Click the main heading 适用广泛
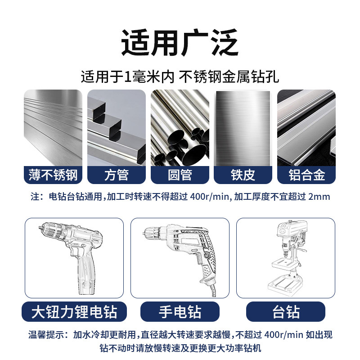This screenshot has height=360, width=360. [x=180, y=43]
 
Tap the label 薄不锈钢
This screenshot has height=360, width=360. [x=53, y=175]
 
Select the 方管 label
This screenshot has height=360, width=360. [x=117, y=175]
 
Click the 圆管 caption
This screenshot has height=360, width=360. [x=180, y=175]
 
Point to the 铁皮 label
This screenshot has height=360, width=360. [x=243, y=175]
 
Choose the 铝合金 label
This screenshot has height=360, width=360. [x=306, y=175]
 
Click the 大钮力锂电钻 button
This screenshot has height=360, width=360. [x=74, y=311]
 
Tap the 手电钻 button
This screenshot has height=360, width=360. [x=180, y=311]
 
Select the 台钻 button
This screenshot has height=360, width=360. [x=286, y=311]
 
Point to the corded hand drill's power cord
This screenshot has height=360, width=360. [x=212, y=290]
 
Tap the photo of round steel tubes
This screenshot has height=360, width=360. [x=180, y=128]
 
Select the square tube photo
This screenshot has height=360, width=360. [x=117, y=128]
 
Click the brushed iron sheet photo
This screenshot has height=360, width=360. [x=243, y=128]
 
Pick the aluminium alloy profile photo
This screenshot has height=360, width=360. [x=306, y=128]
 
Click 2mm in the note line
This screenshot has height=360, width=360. [x=319, y=197]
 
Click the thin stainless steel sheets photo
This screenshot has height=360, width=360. [x=53, y=128]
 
